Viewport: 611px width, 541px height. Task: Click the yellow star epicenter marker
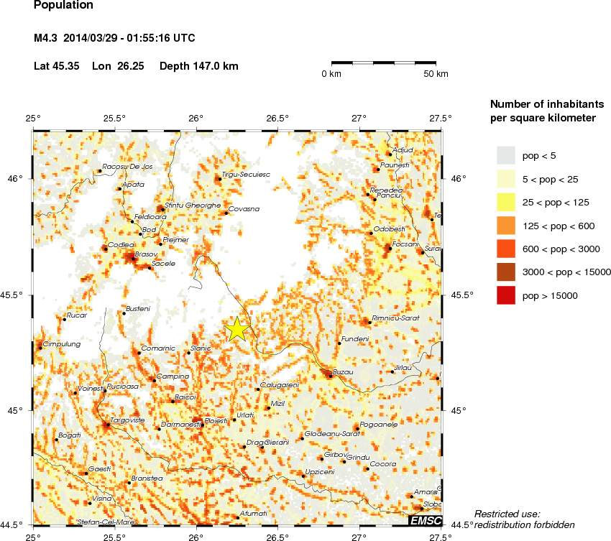click(x=237, y=329)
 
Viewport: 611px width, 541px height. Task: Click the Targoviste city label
click(x=129, y=420)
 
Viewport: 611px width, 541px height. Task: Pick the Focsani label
click(x=406, y=244)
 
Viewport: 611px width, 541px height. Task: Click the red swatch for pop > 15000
click(x=506, y=295)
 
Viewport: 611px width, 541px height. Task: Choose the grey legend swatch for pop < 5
click(x=506, y=155)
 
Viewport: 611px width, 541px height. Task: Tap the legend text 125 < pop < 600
click(x=559, y=226)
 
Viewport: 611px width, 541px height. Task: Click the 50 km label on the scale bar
click(x=436, y=74)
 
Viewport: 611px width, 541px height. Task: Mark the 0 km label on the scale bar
click(x=331, y=74)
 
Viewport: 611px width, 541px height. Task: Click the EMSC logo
click(x=425, y=520)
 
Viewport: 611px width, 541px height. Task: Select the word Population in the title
click(x=64, y=6)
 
